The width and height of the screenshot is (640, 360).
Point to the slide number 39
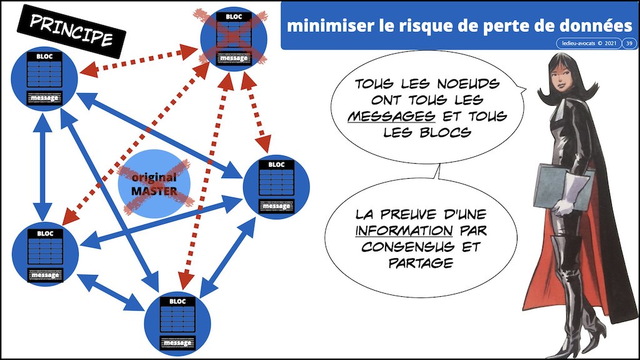[x=627, y=42]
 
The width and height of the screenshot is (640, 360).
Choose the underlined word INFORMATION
[x=391, y=231]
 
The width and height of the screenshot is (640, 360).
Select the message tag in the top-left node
[x=44, y=99]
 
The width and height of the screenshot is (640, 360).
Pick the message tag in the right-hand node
[x=276, y=206]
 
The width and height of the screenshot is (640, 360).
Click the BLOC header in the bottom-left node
[x=45, y=234]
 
